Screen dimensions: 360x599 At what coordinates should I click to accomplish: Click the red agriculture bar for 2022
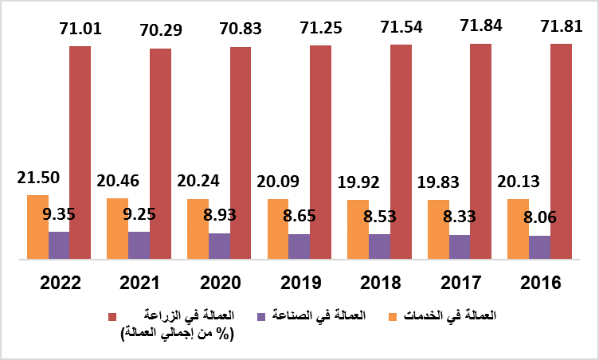80,152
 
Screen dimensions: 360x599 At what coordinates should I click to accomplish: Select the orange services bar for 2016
519,229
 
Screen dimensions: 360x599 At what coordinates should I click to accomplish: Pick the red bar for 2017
480,151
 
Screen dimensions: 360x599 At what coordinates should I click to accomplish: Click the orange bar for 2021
117,228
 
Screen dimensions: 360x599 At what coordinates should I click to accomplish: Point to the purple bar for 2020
220,246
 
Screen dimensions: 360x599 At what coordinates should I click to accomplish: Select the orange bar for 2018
358,229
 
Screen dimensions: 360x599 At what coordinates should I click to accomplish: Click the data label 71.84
480,29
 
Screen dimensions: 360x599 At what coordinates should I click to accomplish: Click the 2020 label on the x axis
220,283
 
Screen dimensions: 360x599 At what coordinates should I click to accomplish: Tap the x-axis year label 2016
539,283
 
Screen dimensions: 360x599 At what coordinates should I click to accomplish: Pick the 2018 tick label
380,283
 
